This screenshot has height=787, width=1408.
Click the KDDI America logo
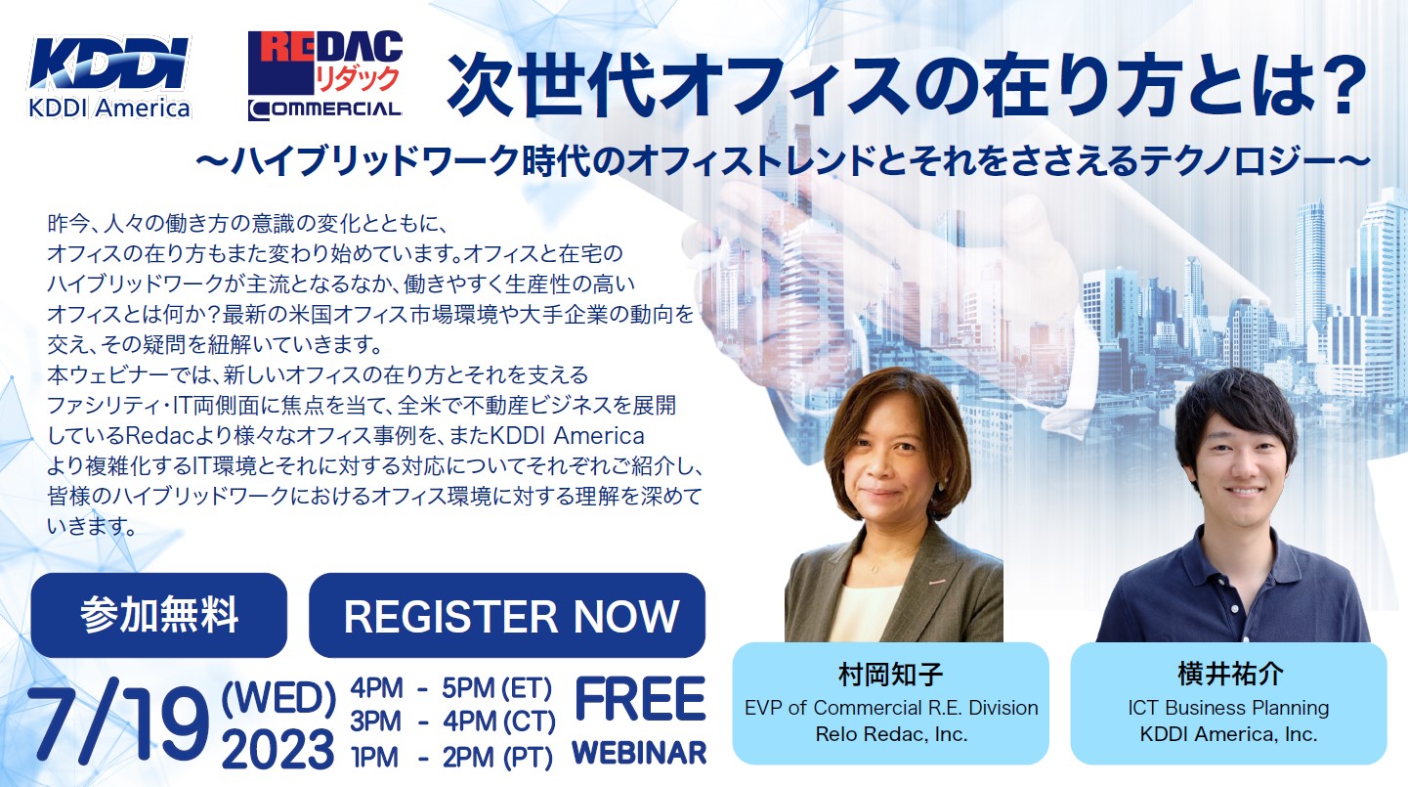point(109,78)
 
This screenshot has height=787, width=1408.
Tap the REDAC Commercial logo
point(325,75)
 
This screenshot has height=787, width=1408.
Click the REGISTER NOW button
point(507,615)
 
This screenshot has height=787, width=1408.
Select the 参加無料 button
point(159,615)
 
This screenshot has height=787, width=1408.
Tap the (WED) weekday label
point(279,698)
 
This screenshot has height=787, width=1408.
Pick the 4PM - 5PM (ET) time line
point(451,688)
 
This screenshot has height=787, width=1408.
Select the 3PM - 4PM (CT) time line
point(452,721)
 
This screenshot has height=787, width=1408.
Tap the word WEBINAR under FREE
point(639,753)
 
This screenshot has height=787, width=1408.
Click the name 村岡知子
point(891,674)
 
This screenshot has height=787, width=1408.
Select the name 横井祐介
point(1228,674)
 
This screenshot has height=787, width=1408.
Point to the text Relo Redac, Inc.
point(891,733)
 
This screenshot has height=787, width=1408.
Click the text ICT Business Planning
point(1228,708)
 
